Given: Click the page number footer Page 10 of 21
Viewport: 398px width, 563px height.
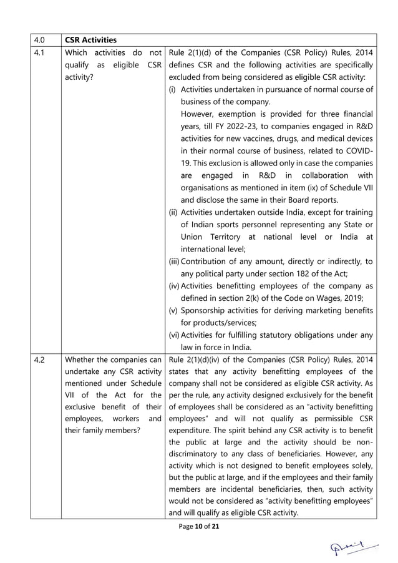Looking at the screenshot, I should [198, 527].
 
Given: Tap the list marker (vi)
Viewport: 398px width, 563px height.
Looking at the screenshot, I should [175, 335].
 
